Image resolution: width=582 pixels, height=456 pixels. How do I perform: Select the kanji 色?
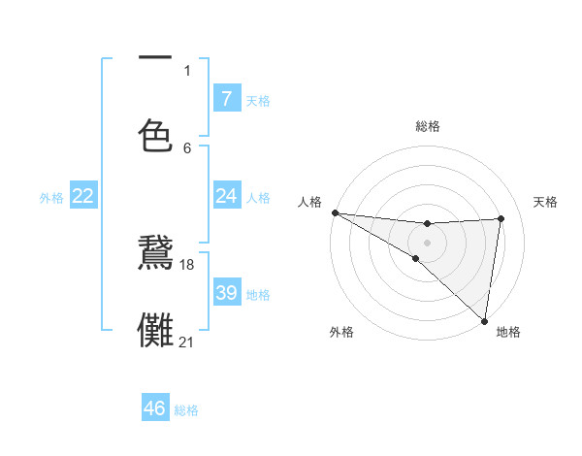point(155,135)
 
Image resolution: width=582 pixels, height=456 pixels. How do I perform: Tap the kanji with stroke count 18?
point(155,254)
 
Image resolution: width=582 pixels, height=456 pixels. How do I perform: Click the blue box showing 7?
point(226,98)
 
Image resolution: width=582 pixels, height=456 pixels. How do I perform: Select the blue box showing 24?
point(226,196)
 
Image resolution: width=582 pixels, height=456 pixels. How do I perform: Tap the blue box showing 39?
point(226,293)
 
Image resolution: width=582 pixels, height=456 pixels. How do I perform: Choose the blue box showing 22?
point(82,196)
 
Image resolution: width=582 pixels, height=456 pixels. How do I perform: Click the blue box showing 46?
point(155,408)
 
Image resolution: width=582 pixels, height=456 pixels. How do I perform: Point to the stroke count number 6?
point(187,148)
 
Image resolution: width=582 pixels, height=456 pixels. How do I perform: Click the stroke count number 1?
point(187,71)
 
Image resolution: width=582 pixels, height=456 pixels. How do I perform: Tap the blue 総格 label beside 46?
point(186,410)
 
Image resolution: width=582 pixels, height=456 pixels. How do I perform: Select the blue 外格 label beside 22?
point(51,197)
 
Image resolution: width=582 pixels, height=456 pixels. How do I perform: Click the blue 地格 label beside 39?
point(258,294)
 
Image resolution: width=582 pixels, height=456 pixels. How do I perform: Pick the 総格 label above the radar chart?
point(428,127)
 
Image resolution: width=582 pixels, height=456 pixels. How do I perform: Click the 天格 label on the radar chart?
point(546,202)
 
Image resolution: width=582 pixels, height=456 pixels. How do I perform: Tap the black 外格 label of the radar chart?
point(341,333)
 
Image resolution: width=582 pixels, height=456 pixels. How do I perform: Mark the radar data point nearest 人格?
point(335,212)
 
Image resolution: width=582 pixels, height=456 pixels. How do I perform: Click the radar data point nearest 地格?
point(484,320)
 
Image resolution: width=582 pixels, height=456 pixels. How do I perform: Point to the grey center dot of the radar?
point(427,241)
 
